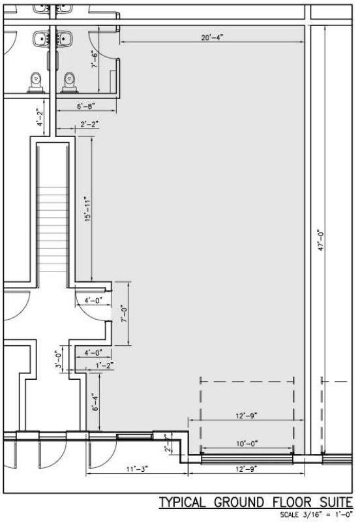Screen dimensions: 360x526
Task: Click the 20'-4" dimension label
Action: click(212, 37)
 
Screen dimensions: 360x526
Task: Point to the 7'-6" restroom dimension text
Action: click(95, 59)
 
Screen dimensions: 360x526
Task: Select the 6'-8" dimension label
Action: click(86, 106)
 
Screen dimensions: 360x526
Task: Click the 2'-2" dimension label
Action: click(89, 124)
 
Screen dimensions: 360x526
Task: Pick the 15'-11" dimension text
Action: click(87, 209)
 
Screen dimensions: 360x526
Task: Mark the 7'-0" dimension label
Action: click(124, 314)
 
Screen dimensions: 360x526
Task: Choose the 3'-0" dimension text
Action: click(59, 360)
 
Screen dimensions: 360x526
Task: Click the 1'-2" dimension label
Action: click(105, 365)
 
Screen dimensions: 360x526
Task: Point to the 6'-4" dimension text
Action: click(95, 403)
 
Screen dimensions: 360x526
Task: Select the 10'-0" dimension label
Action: click(247, 444)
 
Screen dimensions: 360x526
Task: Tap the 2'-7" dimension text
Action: click(168, 443)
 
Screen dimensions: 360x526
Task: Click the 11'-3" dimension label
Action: click(137, 469)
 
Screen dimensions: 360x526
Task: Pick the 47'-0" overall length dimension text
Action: click(321, 240)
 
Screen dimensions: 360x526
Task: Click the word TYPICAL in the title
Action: click(182, 503)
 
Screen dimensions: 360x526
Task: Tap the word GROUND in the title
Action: click(239, 503)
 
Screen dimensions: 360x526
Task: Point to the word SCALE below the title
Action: click(289, 514)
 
